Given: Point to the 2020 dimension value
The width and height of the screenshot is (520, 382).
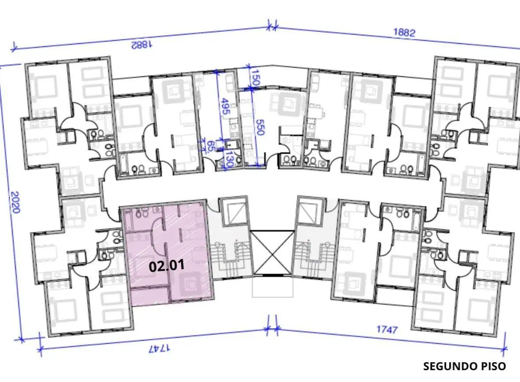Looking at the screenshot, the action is click(x=15, y=202).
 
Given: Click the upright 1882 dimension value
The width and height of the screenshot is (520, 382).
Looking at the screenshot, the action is click(x=404, y=33).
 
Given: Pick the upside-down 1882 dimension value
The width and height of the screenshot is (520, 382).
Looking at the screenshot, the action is click(x=142, y=45).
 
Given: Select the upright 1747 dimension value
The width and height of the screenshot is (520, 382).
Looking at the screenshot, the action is click(x=387, y=330).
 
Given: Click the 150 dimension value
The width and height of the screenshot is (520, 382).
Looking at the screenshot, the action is click(x=255, y=77).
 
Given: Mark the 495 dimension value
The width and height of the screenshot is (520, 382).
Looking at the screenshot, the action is click(x=225, y=106).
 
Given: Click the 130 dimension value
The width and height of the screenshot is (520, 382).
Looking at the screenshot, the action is click(x=229, y=160).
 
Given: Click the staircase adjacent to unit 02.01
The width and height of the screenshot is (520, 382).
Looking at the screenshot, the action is click(x=230, y=258).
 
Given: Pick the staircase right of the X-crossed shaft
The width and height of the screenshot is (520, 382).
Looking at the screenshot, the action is click(x=314, y=258).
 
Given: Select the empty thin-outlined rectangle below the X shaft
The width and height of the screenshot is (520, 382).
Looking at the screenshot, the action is click(x=273, y=286).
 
